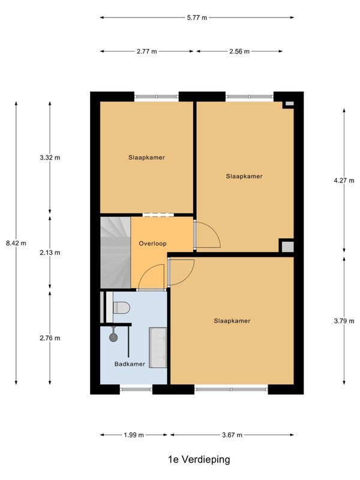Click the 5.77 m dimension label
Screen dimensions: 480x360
197,18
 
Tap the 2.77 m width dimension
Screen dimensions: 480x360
146,52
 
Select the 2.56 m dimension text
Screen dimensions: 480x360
239,52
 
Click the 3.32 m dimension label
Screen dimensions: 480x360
49,158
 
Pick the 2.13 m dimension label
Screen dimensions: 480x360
49,253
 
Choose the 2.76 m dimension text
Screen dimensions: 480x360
49,338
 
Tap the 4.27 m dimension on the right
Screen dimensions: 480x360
344,179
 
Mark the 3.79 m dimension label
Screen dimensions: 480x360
344,320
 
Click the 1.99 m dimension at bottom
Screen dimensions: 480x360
133,435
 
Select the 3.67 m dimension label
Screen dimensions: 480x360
232,435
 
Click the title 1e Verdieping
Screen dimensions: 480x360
199,460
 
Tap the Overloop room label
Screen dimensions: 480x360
152,244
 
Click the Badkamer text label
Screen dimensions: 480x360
130,364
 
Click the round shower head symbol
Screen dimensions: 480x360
113,337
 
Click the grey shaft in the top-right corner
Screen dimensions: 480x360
289,104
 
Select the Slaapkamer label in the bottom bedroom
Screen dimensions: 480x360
232,321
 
